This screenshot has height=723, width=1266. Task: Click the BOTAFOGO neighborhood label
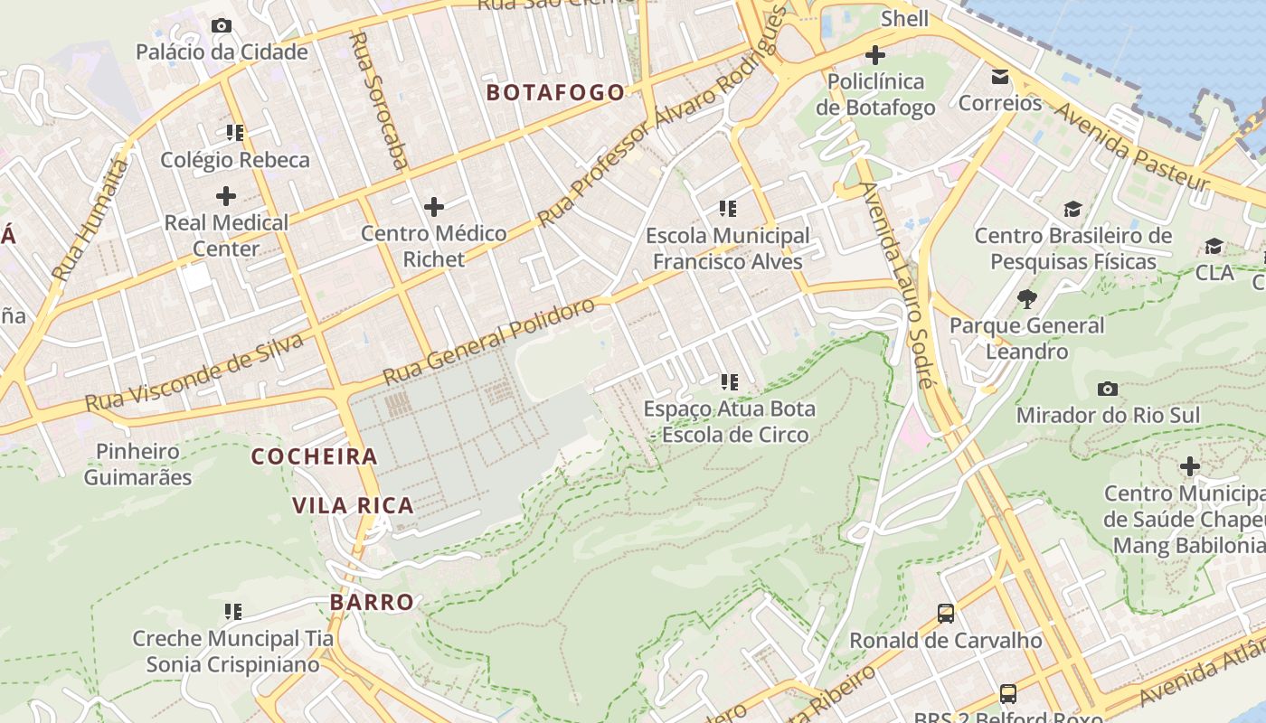point(555,92)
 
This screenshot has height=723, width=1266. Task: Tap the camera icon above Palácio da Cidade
point(222,25)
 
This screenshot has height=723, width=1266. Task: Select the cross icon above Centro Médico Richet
point(434,207)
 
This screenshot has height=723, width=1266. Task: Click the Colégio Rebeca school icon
point(235,134)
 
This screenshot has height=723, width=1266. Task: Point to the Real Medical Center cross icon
point(226,195)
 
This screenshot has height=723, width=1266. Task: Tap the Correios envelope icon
point(1000,77)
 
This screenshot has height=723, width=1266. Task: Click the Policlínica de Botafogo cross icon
point(874,55)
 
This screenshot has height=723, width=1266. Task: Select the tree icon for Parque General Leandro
point(1026,299)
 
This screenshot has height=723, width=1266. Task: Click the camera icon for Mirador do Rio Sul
point(1108,389)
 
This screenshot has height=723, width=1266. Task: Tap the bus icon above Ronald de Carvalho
point(945,614)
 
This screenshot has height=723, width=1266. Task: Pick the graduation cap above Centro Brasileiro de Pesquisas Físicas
point(1072,210)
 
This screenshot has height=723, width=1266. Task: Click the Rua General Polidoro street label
point(488,341)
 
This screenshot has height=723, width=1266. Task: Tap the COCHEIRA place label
point(315,456)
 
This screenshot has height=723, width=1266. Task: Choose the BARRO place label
point(372,602)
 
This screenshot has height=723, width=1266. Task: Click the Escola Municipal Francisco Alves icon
point(728,210)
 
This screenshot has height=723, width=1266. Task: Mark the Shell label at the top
point(904,18)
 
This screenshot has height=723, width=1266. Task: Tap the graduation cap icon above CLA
point(1214,246)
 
